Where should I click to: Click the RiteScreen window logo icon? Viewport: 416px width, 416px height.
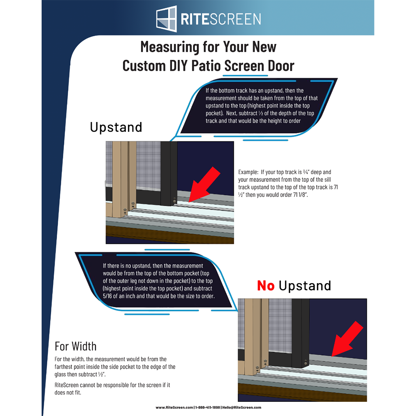click(166, 19)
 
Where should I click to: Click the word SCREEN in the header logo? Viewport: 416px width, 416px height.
click(236, 19)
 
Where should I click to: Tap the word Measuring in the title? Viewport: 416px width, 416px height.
click(170, 47)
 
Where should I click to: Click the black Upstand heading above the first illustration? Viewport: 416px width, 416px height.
click(116, 127)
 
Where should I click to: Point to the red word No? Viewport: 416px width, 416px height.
click(265, 286)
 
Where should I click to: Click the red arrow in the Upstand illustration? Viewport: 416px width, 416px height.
click(204, 185)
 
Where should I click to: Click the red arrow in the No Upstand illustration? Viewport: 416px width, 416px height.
click(347, 339)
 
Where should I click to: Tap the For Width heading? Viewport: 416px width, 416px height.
click(75, 346)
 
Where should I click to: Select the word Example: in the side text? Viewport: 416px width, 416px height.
click(248, 172)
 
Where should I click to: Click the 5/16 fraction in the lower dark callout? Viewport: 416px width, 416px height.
click(107, 296)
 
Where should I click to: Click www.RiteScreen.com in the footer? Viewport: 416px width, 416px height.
click(174, 407)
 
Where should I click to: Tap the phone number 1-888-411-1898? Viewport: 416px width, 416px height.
click(208, 407)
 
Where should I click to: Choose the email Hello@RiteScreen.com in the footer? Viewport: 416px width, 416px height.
click(242, 407)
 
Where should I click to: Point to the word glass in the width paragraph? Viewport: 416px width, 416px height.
click(60, 375)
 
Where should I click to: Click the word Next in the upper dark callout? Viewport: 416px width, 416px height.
click(231, 113)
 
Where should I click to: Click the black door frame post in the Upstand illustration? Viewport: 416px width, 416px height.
click(169, 173)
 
